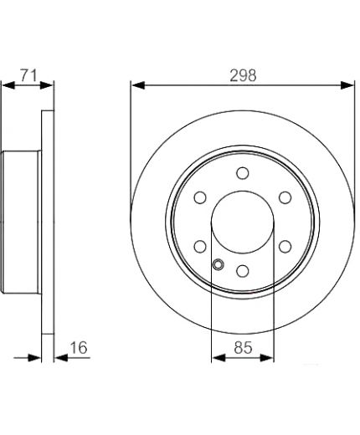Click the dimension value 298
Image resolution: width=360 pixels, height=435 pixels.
(x=243, y=75)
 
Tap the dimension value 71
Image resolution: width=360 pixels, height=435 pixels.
(x=28, y=75)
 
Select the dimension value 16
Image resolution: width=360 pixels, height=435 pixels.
(x=79, y=347)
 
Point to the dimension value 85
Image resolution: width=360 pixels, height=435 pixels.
(x=243, y=347)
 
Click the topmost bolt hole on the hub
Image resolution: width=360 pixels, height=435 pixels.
(x=243, y=173)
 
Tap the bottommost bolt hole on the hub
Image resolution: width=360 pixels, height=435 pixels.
(x=243, y=271)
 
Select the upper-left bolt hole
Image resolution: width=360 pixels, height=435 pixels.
(x=200, y=197)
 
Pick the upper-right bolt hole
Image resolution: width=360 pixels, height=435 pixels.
(x=285, y=197)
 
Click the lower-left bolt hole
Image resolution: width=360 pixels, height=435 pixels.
(x=200, y=247)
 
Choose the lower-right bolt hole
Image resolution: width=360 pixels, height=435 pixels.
(x=285, y=247)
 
